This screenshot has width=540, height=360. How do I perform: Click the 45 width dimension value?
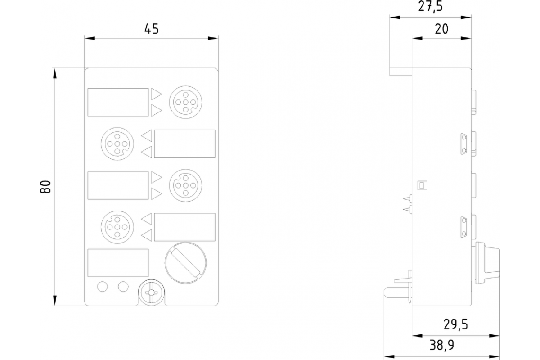click(x=152, y=29)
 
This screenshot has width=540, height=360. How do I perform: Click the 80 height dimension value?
click(x=45, y=187)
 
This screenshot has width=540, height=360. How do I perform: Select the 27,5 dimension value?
click(x=431, y=6)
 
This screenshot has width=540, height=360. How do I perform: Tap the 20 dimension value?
click(x=441, y=29)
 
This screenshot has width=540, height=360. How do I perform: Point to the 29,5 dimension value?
click(x=455, y=324)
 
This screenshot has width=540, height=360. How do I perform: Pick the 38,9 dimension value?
click(x=441, y=345)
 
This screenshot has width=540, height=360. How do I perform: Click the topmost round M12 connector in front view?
click(x=185, y=102)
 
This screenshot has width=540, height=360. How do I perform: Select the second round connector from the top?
click(x=117, y=144)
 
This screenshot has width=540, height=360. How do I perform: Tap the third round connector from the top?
click(x=185, y=185)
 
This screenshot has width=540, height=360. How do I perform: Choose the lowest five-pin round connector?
click(x=117, y=227)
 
